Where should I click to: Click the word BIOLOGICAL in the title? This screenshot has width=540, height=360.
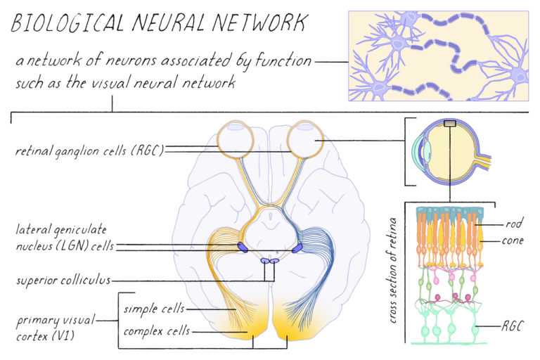[x=67, y=23]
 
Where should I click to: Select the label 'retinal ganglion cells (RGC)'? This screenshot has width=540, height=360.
[x=89, y=150]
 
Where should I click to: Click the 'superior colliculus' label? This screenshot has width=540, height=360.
[x=63, y=280]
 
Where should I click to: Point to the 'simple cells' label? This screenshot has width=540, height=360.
[x=154, y=309]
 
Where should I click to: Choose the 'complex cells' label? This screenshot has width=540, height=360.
[x=157, y=330]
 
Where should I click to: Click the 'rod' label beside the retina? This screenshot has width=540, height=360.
[x=514, y=224]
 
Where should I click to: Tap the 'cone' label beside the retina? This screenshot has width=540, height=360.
[x=513, y=240]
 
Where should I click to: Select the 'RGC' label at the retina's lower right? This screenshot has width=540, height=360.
[x=513, y=326]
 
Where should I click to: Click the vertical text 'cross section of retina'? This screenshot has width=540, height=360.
[x=392, y=270]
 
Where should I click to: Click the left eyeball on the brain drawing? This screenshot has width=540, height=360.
[x=236, y=139]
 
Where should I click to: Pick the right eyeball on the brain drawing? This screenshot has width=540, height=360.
[x=305, y=139]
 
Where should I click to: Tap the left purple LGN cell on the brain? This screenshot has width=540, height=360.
[x=243, y=247]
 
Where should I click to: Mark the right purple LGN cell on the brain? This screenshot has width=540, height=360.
[x=297, y=248]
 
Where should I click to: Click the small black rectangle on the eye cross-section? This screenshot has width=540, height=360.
[x=450, y=123]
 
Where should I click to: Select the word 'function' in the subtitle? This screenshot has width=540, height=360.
[x=283, y=60]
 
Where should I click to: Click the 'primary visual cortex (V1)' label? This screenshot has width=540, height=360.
[x=56, y=327]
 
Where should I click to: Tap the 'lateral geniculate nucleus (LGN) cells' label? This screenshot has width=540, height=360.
[x=65, y=238]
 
